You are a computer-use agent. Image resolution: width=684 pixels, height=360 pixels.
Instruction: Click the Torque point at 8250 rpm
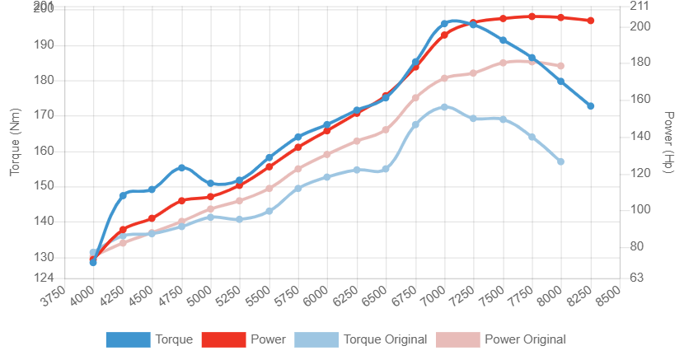click(591, 106)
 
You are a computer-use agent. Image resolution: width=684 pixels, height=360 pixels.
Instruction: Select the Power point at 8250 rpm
click(591, 21)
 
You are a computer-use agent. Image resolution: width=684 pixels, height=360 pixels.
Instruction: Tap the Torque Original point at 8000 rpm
click(561, 161)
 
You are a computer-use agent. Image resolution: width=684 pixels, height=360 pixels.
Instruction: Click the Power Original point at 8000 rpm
click(561, 66)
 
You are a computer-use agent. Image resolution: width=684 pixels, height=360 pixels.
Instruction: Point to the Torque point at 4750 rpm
click(182, 167)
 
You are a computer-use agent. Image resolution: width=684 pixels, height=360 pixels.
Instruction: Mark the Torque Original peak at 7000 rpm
click(444, 107)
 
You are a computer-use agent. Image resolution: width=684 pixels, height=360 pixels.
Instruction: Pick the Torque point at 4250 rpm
click(123, 195)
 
